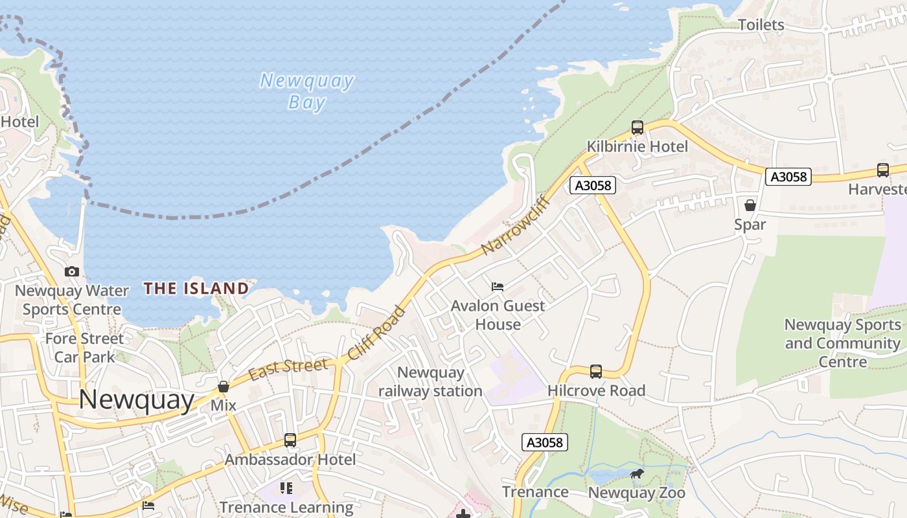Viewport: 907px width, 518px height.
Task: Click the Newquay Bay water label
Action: (306, 91)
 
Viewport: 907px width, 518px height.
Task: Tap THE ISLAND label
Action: (196, 288)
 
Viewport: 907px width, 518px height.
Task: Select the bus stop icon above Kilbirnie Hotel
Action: (637, 128)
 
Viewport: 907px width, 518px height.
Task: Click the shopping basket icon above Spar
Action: (750, 206)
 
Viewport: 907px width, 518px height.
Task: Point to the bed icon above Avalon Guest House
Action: (498, 286)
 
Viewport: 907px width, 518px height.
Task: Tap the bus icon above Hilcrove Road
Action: (596, 372)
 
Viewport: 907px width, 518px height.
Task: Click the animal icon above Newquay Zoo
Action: (637, 475)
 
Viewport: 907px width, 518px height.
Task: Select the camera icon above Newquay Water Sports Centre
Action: (72, 272)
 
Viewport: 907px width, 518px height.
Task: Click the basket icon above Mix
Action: (224, 387)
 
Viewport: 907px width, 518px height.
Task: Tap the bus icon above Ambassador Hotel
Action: (290, 440)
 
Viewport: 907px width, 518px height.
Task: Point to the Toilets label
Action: (761, 25)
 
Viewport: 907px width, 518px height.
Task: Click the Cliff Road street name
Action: (376, 333)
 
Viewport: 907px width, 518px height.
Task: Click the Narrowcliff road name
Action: (516, 225)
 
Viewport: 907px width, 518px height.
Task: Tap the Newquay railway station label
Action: (430, 381)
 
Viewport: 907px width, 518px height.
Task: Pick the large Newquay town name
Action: (136, 400)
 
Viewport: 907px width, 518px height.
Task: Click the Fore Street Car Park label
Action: (84, 348)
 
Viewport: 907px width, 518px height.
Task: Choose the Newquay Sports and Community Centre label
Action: (842, 343)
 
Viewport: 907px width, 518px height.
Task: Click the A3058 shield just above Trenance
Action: (544, 442)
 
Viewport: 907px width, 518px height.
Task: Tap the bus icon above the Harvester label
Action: (883, 170)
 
